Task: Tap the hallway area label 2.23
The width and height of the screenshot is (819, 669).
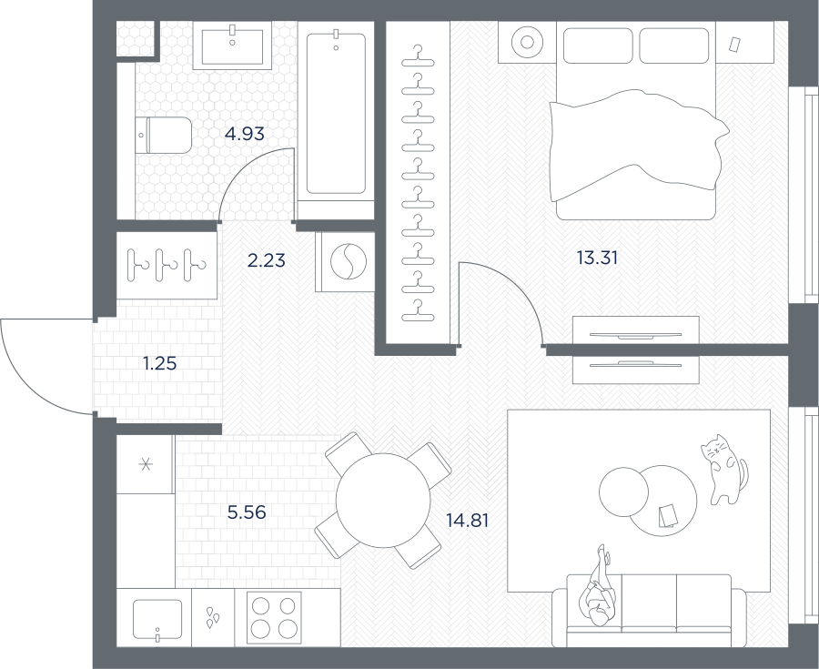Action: coord(267,260)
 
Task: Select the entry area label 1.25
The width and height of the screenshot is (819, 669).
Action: coord(160,363)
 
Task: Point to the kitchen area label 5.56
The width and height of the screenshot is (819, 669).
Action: coord(247,512)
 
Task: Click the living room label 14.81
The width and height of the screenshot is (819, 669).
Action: coord(468,520)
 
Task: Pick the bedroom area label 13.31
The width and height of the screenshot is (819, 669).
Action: coord(597,258)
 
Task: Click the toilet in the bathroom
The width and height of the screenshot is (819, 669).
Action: coord(164,136)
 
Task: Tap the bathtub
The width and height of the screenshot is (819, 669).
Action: coord(336,114)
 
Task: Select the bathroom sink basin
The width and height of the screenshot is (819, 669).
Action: coord(232,46)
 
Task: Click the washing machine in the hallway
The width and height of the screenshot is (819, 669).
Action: coord(345,261)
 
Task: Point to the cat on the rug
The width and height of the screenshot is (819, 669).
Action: coord(724,469)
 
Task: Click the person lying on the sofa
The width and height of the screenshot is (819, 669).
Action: coord(598,585)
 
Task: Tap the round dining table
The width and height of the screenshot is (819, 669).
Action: coord(383,501)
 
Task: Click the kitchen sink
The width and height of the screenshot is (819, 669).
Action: coord(157,619)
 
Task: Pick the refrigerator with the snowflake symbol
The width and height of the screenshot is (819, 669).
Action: coord(146,464)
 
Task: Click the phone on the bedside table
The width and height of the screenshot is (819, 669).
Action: coord(735,44)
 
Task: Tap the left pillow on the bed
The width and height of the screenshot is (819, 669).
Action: coord(598,46)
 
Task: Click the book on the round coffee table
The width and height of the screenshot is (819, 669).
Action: coord(667,515)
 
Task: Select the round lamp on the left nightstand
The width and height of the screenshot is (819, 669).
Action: coord(527,42)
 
